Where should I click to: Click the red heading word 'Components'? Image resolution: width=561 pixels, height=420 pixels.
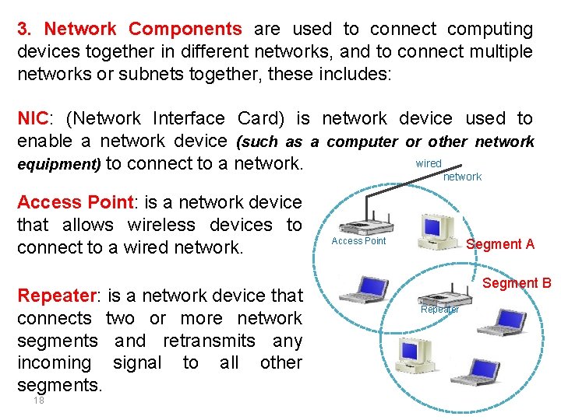point(185,30)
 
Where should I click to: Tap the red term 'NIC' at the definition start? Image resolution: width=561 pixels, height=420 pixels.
point(33,119)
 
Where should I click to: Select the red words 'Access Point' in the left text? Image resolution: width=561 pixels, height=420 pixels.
point(74,203)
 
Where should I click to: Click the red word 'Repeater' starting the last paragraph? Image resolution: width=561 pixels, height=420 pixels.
point(54,296)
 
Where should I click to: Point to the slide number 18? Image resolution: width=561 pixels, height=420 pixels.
point(38,401)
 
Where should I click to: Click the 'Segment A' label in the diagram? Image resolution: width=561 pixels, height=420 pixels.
point(499,244)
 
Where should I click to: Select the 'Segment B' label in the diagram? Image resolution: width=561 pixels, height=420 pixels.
point(517,283)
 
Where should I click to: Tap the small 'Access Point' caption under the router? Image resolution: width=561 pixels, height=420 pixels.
point(358,241)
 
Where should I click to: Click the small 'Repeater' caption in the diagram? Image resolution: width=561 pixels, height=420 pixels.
point(439,310)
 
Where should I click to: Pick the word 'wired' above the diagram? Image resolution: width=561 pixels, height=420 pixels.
point(429,163)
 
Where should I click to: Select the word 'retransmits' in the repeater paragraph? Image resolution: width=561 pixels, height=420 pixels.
point(221,341)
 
